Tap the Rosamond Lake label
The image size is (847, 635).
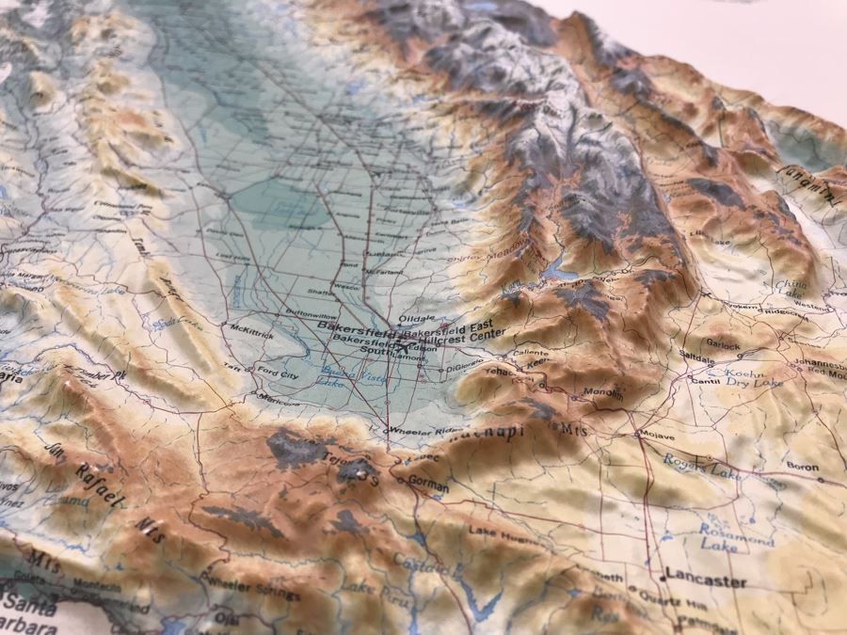(736, 535)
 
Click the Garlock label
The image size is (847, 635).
(724, 345)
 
